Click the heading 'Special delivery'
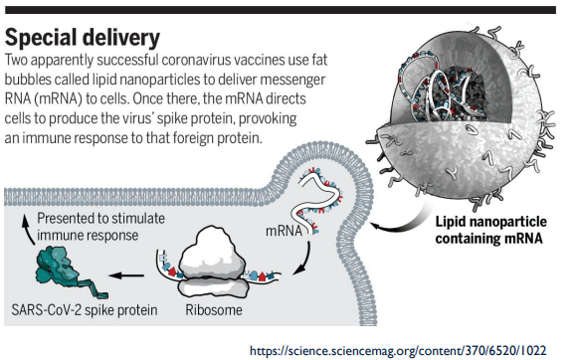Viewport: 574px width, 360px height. pyautogui.click(x=83, y=38)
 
